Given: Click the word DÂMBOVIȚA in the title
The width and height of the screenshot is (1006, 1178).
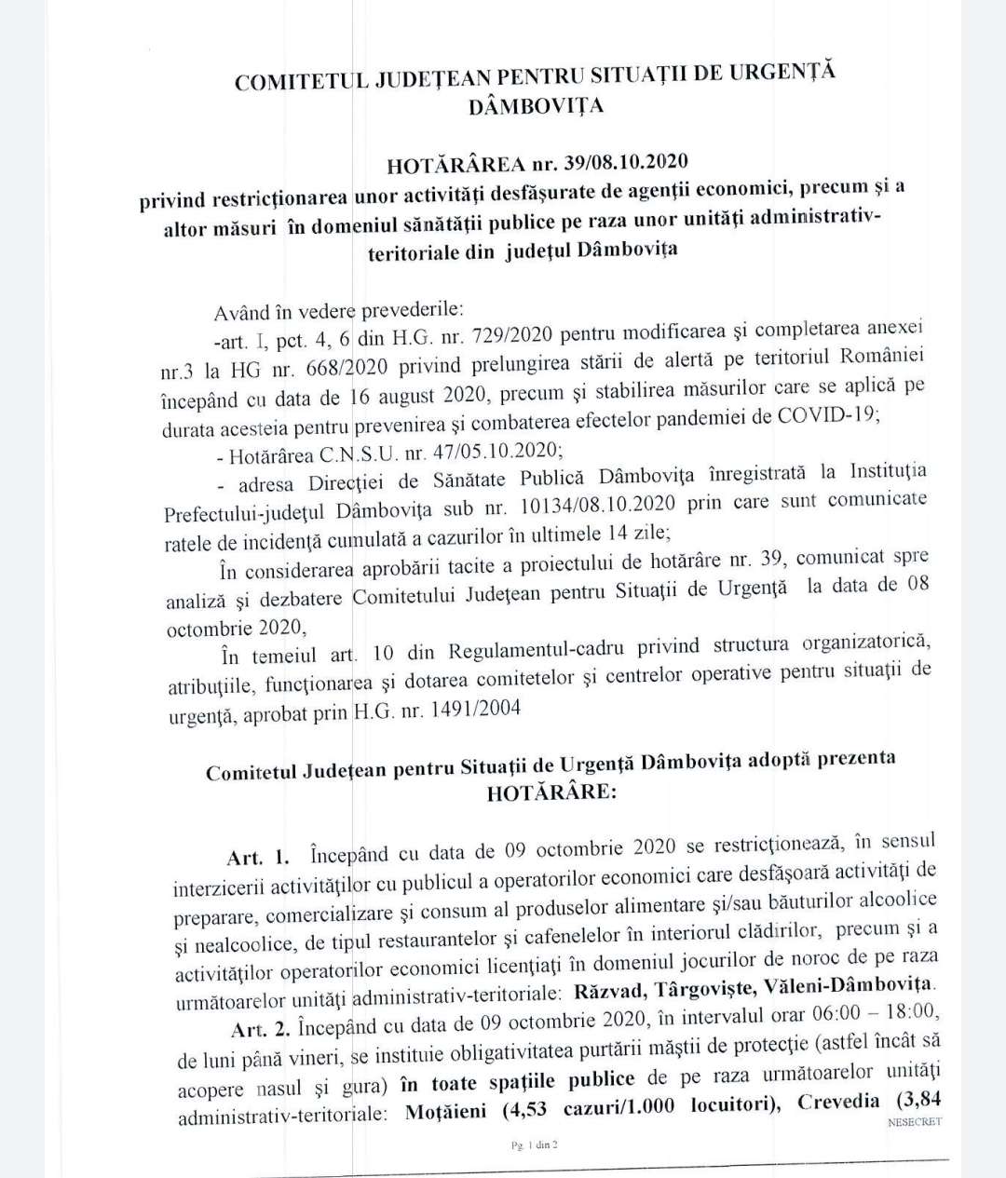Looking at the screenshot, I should click(536, 105).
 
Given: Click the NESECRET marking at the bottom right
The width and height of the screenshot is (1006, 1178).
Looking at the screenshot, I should click(915, 1121).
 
